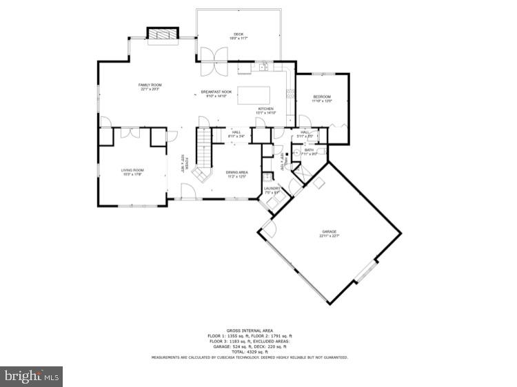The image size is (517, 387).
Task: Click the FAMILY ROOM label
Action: pyautogui.click(x=150, y=87)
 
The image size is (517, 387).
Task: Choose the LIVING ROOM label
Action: pyautogui.click(x=132, y=171)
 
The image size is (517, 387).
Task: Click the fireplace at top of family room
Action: pyautogui.click(x=163, y=34)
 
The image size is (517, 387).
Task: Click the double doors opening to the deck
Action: pyautogui.click(x=210, y=61)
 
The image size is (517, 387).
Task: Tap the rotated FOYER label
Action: pyautogui.click(x=184, y=164)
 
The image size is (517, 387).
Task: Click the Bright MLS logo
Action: pyautogui.click(x=32, y=376)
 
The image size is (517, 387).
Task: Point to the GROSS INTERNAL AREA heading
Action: pyautogui.click(x=250, y=331)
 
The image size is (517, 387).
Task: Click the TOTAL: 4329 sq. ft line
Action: pyautogui.click(x=250, y=351)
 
